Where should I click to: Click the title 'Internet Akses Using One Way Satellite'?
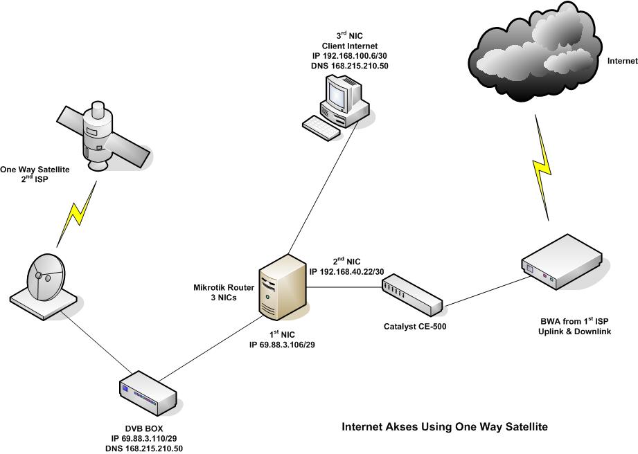pos(445,427)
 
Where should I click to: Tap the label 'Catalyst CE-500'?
pos(414,325)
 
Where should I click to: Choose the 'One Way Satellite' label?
pos(35,169)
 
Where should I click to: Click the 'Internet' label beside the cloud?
pos(621,61)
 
